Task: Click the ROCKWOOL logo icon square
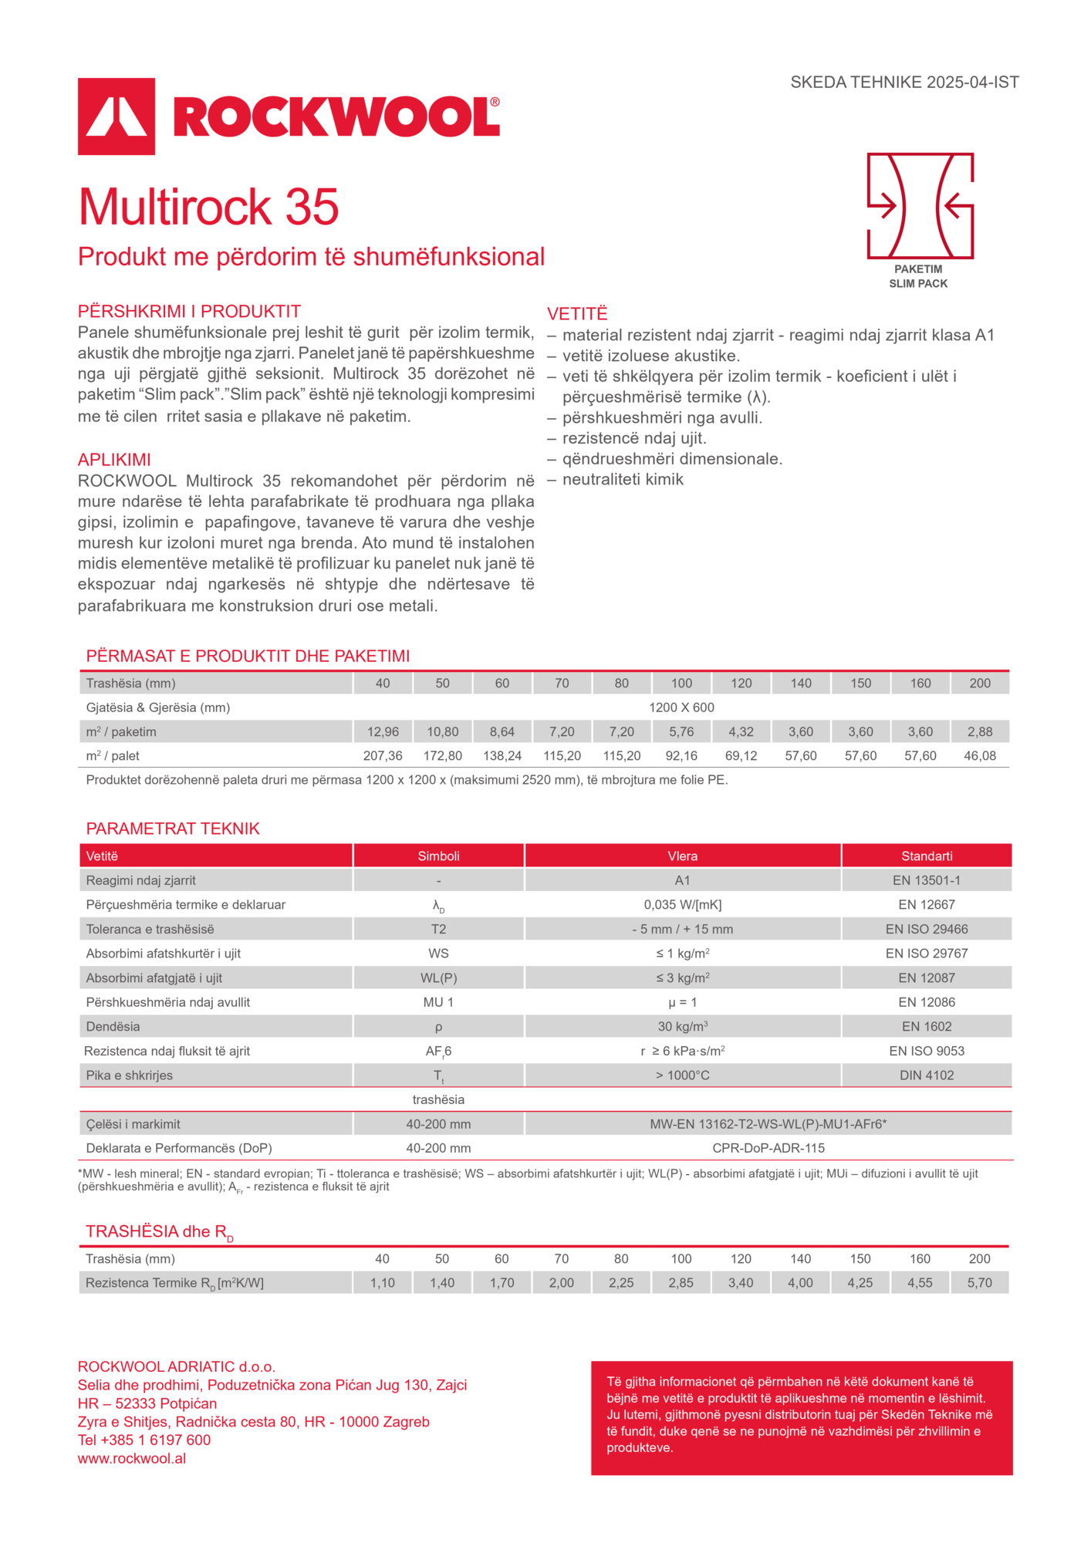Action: point(117,116)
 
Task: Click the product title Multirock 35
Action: point(208,207)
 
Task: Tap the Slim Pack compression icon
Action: point(920,206)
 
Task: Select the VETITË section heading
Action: point(577,313)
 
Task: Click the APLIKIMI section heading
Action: point(113,460)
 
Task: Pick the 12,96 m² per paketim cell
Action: point(383,731)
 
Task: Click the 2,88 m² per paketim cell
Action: point(980,731)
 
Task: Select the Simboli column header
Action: point(438,856)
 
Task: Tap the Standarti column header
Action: point(927,856)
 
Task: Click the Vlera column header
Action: point(682,856)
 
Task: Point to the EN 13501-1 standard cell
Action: point(927,880)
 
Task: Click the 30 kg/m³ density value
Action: point(682,1026)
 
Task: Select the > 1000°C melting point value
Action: point(682,1075)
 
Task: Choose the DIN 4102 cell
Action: point(927,1075)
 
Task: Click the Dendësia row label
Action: point(113,1026)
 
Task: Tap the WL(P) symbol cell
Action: point(438,977)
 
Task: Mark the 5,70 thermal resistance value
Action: point(980,1282)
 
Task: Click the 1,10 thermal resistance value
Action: point(383,1282)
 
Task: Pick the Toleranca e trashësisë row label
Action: point(150,929)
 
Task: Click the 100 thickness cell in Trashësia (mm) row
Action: point(681,683)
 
